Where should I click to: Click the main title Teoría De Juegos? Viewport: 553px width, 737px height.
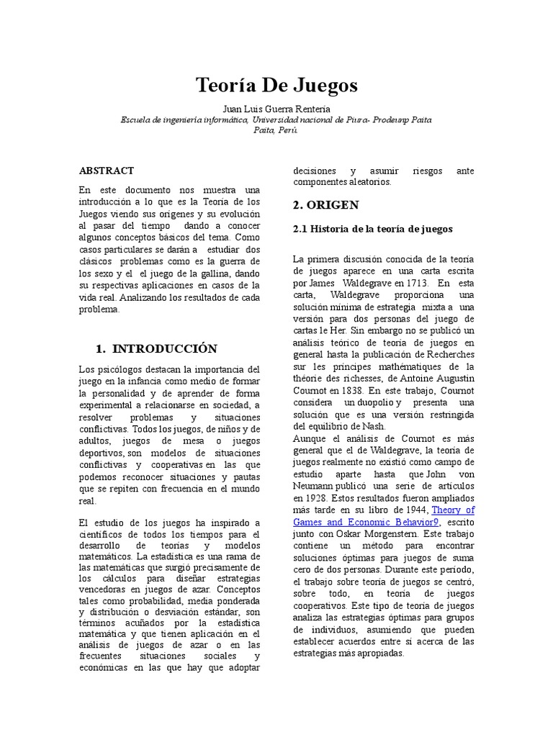click(276, 86)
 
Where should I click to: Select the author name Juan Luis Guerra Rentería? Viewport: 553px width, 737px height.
click(276, 109)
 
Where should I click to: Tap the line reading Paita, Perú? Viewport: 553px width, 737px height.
click(276, 130)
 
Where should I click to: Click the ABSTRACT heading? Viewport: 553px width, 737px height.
click(107, 171)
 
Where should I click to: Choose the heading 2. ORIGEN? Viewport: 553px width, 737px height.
click(325, 205)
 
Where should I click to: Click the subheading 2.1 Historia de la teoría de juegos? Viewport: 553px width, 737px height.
click(373, 229)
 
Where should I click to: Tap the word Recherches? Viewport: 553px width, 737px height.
click(451, 353)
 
